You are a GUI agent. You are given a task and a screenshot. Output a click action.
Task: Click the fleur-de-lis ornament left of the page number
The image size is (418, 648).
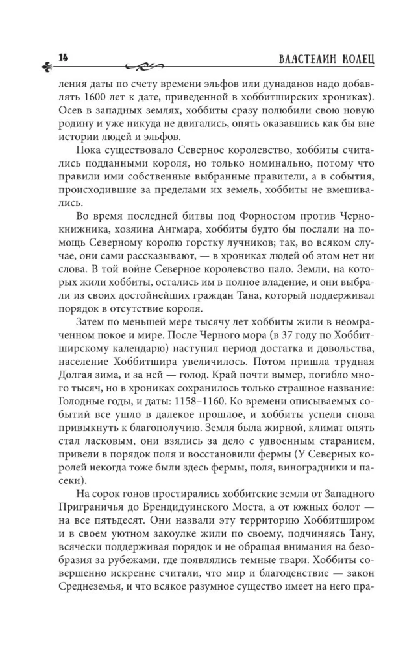coord(47,64)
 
